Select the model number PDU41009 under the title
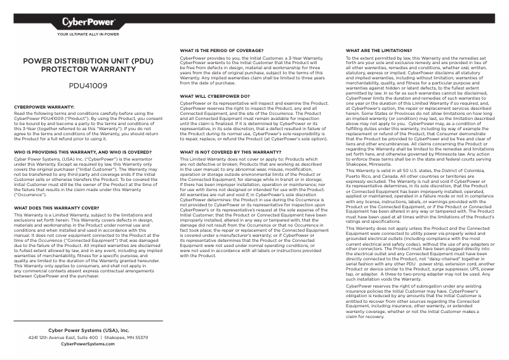pos(88,84)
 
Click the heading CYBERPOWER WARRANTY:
pos(44,107)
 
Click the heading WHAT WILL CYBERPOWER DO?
pos(215,97)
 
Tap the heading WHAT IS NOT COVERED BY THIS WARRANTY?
pos(227,152)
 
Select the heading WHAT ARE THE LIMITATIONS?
pos(378,50)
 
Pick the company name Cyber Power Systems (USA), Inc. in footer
pos(88,330)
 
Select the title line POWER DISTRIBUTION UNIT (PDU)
pos(88,62)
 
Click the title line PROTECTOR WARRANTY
pos(88,70)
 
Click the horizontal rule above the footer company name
pos(88,321)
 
